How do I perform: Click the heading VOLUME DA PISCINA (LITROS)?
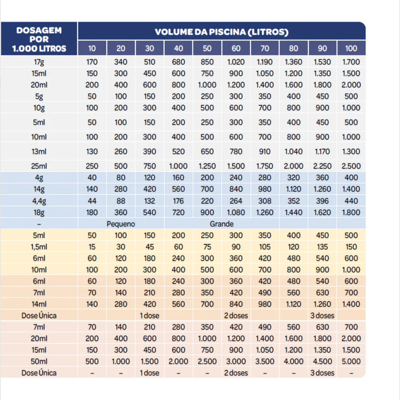(222, 32)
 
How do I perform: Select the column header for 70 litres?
(265, 48)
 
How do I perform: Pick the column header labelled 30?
(150, 48)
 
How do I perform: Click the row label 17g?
(39, 62)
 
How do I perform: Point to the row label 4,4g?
(39, 200)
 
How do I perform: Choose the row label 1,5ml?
(39, 247)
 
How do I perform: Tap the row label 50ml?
(39, 361)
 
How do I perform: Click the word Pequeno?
(121, 224)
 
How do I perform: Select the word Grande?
(222, 224)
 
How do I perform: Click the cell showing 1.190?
(265, 62)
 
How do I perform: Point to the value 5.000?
(351, 361)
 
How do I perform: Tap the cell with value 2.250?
(322, 166)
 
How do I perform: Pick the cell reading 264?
(236, 200)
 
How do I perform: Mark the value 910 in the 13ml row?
(265, 152)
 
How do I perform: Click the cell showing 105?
(265, 247)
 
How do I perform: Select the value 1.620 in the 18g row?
(322, 212)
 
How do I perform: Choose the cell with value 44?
(92, 200)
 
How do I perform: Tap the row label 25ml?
(39, 166)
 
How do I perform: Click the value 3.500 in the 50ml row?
(265, 361)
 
